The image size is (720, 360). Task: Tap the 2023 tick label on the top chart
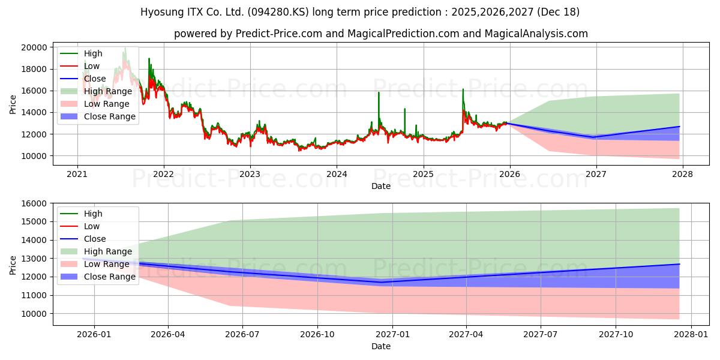(x=250, y=175)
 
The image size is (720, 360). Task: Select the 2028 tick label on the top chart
(x=682, y=175)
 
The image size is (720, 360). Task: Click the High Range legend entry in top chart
(x=107, y=91)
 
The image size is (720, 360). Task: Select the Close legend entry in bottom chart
(x=95, y=239)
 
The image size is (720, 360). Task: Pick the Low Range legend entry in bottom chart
(x=106, y=264)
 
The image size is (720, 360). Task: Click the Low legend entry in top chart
(x=92, y=66)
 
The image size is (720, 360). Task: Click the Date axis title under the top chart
(x=381, y=186)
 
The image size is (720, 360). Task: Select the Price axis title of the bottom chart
(x=13, y=265)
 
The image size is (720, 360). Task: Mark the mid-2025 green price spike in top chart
(x=463, y=90)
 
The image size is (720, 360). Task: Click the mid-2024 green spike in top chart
(x=379, y=93)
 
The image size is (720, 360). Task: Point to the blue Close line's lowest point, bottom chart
(x=393, y=282)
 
